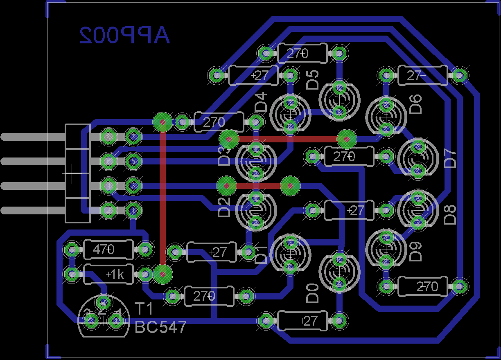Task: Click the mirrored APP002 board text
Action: (124, 36)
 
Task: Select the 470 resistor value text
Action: (104, 249)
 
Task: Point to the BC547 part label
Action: (161, 327)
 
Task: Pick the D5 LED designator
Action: (312, 79)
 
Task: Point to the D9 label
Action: (415, 252)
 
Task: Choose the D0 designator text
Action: (312, 294)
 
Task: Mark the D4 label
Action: (261, 102)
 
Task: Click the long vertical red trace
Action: (162, 196)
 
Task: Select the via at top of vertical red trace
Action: (162, 122)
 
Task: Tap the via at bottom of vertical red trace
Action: (162, 274)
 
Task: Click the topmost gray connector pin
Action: (33, 137)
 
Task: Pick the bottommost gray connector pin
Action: (33, 210)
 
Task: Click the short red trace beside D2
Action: (258, 186)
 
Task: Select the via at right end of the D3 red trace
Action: (347, 139)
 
